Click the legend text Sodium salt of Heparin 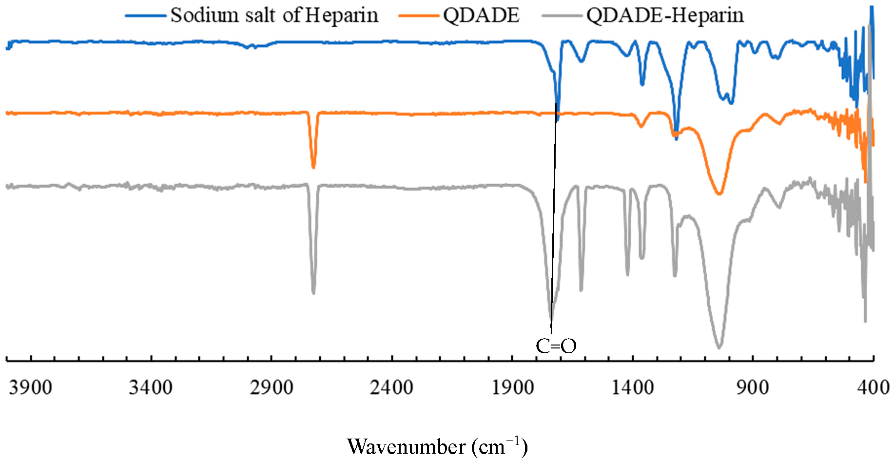(x=274, y=15)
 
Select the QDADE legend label (x=481, y=15)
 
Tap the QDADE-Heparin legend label (x=665, y=15)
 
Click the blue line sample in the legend (x=146, y=16)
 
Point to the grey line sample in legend (x=562, y=16)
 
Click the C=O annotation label (x=556, y=346)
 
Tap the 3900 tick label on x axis (x=30, y=388)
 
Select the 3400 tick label (x=151, y=388)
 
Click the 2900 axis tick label (x=272, y=388)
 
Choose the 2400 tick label (x=391, y=388)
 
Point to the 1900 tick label (x=512, y=388)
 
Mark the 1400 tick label (x=633, y=388)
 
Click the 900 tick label (x=753, y=388)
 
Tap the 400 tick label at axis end (x=873, y=388)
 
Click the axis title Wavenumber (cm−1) (x=437, y=446)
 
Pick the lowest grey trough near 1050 (x=719, y=346)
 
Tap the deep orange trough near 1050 (x=719, y=193)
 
